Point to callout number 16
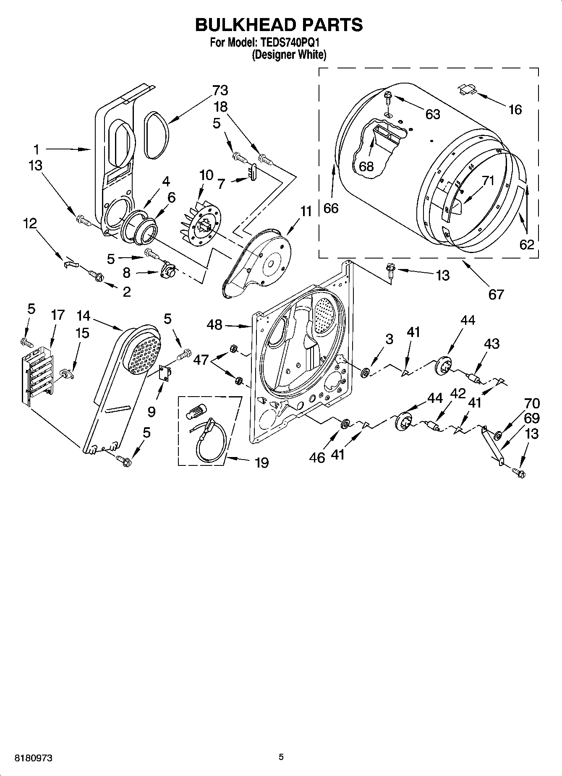coord(515,110)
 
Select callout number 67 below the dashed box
coord(496,294)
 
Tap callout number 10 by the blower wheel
coord(206,175)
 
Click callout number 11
coord(306,212)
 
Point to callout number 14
coord(84,315)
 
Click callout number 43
coord(491,344)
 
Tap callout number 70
coord(532,404)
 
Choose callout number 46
coord(317,457)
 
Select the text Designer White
coord(289,55)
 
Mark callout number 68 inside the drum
coord(366,166)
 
